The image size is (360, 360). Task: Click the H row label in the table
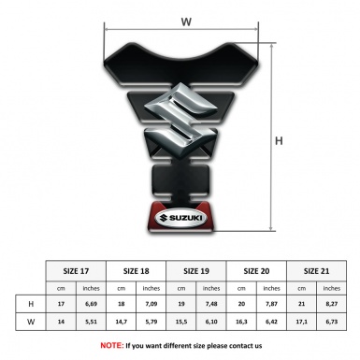pyautogui.click(x=32, y=304)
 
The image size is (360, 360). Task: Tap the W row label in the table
pyautogui.click(x=32, y=322)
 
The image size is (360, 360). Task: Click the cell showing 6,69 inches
pyautogui.click(x=92, y=304)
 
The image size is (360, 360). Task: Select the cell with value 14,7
pyautogui.click(x=122, y=322)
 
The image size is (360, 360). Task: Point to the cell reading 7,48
pyautogui.click(x=211, y=304)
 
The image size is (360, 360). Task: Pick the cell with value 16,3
pyautogui.click(x=241, y=322)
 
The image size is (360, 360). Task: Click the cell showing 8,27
pyautogui.click(x=331, y=304)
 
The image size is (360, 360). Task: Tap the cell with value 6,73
pyautogui.click(x=331, y=322)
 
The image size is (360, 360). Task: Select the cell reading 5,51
pyautogui.click(x=92, y=322)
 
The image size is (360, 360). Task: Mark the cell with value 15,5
pyautogui.click(x=181, y=322)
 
